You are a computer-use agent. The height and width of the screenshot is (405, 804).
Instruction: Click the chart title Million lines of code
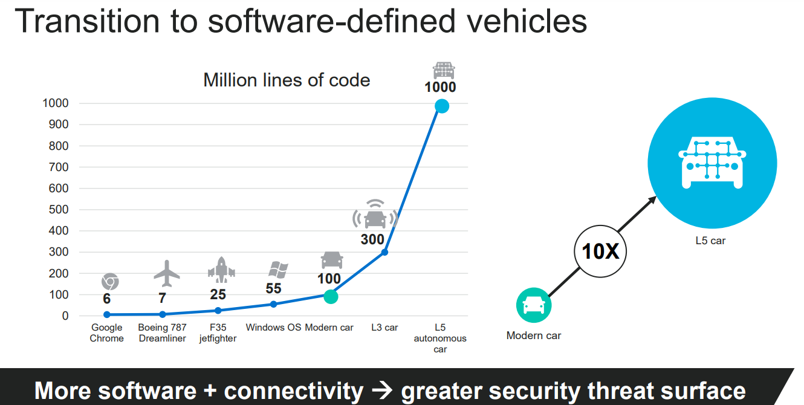pyautogui.click(x=287, y=80)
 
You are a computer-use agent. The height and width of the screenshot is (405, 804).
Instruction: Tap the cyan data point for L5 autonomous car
pyautogui.click(x=442, y=106)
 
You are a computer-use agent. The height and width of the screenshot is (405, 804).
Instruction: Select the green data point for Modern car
pyautogui.click(x=330, y=296)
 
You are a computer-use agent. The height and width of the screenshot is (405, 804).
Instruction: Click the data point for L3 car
pyautogui.click(x=384, y=252)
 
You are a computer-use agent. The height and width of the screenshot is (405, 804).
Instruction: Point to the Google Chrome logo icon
pyautogui.click(x=110, y=282)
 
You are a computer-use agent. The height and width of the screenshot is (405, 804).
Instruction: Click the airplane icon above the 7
pyautogui.click(x=167, y=274)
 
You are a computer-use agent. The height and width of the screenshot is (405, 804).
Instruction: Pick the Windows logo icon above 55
pyautogui.click(x=277, y=270)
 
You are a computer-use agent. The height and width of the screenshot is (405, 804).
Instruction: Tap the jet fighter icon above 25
pyautogui.click(x=221, y=270)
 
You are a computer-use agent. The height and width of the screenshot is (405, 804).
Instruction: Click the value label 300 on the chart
pyautogui.click(x=372, y=239)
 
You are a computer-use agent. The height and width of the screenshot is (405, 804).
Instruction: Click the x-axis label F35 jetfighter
pyautogui.click(x=218, y=333)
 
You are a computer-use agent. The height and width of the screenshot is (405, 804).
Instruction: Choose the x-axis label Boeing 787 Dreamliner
pyautogui.click(x=163, y=333)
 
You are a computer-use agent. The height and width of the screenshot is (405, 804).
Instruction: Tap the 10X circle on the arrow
pyautogui.click(x=600, y=251)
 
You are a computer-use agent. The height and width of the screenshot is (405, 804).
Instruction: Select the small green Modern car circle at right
pyautogui.click(x=533, y=305)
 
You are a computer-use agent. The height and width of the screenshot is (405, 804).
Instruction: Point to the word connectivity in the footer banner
pyautogui.click(x=294, y=390)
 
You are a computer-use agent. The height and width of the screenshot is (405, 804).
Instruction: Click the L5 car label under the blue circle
pyautogui.click(x=710, y=241)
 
